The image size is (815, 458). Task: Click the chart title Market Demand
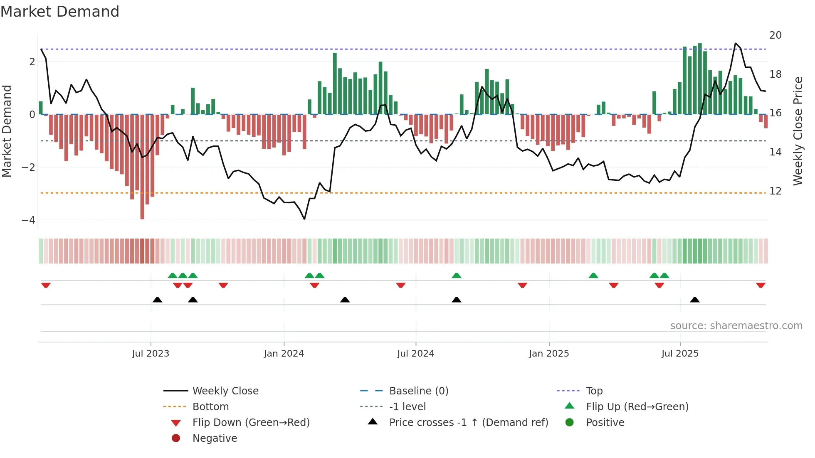pyautogui.click(x=60, y=12)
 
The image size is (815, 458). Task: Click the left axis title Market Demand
pyautogui.click(x=7, y=131)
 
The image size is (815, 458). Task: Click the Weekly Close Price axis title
pyautogui.click(x=798, y=131)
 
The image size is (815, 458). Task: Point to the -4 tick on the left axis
pyautogui.click(x=28, y=220)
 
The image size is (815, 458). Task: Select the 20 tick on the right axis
pyautogui.click(x=775, y=35)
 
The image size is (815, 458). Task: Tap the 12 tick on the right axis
pyautogui.click(x=775, y=191)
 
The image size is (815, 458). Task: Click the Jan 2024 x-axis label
pyautogui.click(x=284, y=354)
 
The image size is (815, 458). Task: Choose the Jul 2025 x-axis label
pyautogui.click(x=680, y=354)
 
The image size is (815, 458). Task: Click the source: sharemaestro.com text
pyautogui.click(x=736, y=326)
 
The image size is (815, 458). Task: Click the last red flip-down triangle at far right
pyautogui.click(x=761, y=285)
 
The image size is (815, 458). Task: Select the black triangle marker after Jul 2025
pyautogui.click(x=694, y=300)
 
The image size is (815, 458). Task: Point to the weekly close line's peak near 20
pyautogui.click(x=735, y=43)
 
